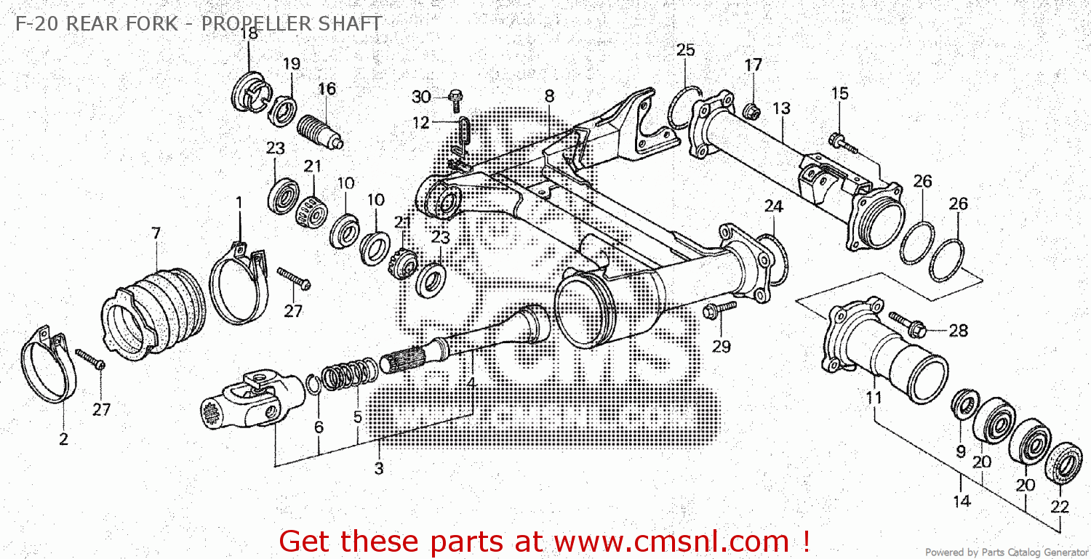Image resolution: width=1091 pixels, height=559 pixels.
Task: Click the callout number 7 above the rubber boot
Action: click(156, 233)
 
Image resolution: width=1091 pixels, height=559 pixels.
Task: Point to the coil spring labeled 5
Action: click(350, 375)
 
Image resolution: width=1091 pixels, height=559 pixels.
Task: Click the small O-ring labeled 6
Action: click(313, 385)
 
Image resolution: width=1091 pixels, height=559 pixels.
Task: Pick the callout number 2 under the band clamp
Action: click(63, 439)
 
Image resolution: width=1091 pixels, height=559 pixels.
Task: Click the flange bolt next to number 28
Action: click(906, 324)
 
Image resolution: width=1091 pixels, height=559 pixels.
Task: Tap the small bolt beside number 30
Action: click(455, 98)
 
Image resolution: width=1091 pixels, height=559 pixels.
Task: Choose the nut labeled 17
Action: click(752, 111)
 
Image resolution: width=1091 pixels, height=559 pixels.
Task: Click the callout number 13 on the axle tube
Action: click(781, 109)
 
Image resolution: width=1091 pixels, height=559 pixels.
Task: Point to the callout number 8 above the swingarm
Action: click(549, 96)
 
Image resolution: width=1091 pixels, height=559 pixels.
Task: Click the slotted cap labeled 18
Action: click(251, 95)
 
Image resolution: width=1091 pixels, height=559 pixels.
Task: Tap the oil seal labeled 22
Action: click(1063, 462)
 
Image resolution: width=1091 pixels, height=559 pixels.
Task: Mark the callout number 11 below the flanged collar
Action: click(874, 398)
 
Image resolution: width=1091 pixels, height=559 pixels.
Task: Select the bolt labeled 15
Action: click(843, 142)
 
